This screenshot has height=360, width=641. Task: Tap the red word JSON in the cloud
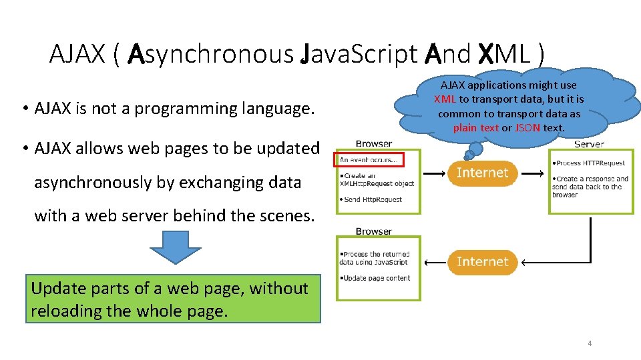click(x=527, y=128)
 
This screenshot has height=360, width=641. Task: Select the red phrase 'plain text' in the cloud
click(x=476, y=128)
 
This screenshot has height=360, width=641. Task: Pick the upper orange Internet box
click(x=482, y=173)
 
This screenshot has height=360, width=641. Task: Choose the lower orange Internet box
click(x=482, y=262)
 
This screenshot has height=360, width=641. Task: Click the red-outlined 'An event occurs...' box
click(x=367, y=160)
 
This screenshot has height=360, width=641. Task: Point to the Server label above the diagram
click(x=589, y=144)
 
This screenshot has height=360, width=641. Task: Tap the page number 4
click(x=590, y=343)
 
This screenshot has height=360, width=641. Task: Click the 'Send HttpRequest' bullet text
click(x=373, y=199)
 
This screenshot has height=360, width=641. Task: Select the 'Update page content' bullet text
click(x=377, y=278)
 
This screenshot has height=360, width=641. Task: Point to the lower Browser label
click(x=374, y=231)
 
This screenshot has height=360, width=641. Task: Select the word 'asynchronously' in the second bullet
click(x=93, y=183)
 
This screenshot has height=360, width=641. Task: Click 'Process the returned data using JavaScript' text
click(x=375, y=258)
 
